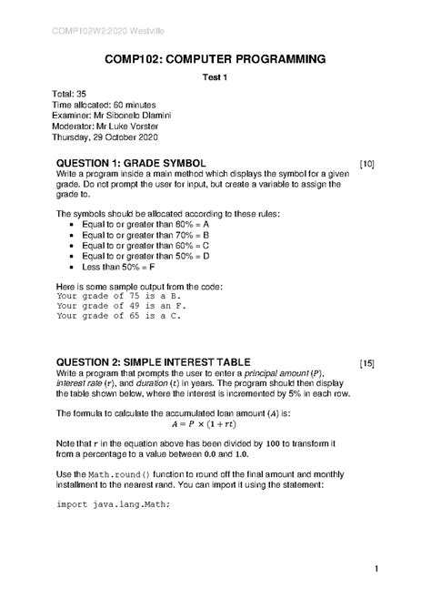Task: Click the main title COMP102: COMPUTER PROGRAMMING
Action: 215,59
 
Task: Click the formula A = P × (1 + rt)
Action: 215,423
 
